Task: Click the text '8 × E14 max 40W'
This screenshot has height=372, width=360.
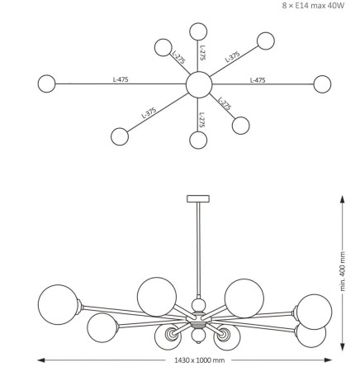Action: tap(313, 6)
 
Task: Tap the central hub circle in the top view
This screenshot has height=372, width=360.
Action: tap(199, 84)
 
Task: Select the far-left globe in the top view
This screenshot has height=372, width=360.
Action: tap(46, 83)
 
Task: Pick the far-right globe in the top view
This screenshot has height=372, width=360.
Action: tap(322, 84)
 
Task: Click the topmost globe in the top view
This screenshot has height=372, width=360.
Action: tap(198, 31)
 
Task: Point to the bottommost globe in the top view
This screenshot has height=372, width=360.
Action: tap(198, 140)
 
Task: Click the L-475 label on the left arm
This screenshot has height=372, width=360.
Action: tap(121, 79)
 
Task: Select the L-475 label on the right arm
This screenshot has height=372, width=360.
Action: tap(258, 80)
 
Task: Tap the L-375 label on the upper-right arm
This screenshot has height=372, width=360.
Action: tap(233, 57)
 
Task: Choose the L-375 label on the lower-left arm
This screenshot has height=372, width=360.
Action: tap(149, 112)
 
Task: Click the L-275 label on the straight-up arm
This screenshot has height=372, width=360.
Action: tap(202, 53)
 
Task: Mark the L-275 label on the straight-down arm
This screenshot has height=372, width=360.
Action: tap(202, 120)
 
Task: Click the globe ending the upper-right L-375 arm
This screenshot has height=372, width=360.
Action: tap(266, 41)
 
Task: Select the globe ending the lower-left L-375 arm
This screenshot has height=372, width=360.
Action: tap(120, 136)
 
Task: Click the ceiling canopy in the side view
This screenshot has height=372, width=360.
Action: tap(198, 198)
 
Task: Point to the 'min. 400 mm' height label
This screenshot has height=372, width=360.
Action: tap(343, 271)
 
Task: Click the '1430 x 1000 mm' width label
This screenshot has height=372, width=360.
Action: tap(200, 360)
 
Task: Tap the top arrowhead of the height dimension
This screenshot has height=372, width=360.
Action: tap(342, 199)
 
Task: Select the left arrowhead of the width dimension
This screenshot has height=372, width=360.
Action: tap(41, 360)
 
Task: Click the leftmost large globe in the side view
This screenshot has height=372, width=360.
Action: tap(58, 304)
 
